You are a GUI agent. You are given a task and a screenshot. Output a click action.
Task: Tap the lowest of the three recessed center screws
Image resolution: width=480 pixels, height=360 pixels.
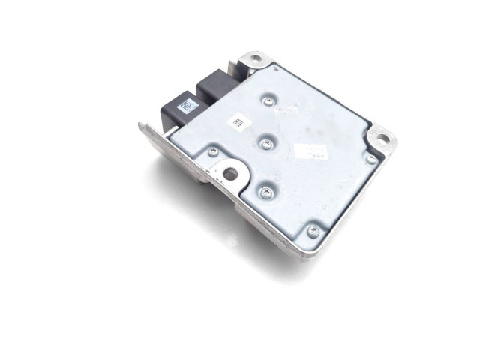264,192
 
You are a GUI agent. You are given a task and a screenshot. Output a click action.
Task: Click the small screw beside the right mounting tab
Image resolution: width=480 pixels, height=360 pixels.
370,159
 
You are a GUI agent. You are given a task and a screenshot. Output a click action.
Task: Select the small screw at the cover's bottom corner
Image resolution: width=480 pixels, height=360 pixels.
313,229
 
